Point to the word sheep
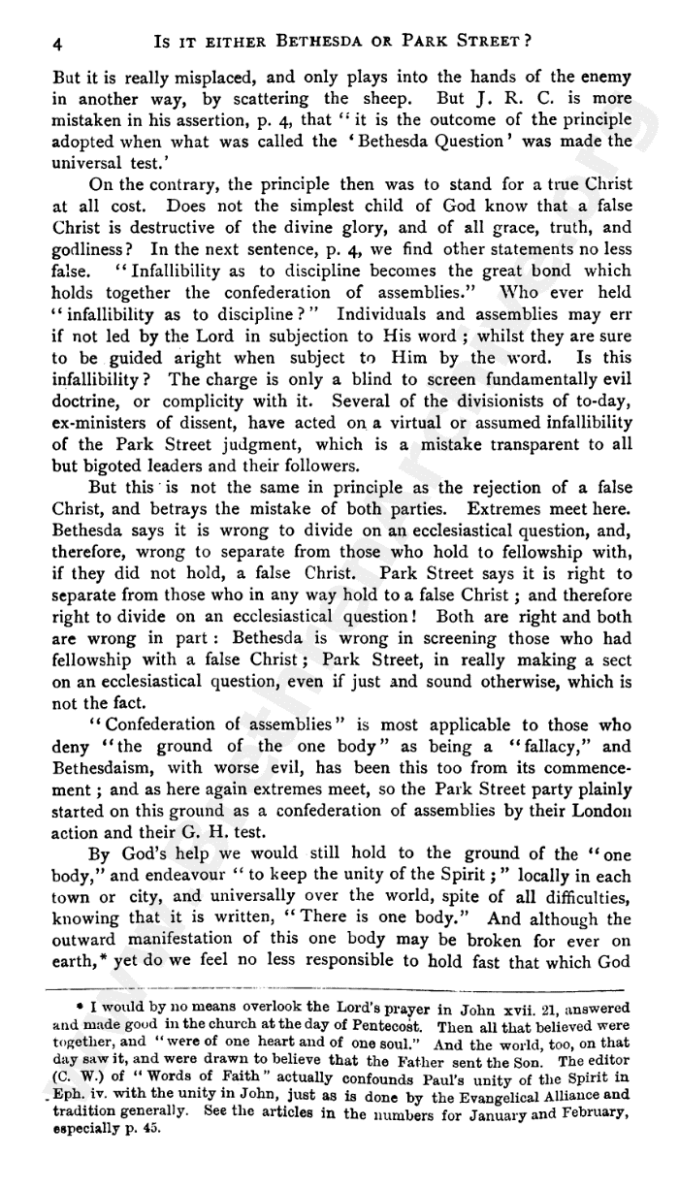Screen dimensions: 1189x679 point(399,98)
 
